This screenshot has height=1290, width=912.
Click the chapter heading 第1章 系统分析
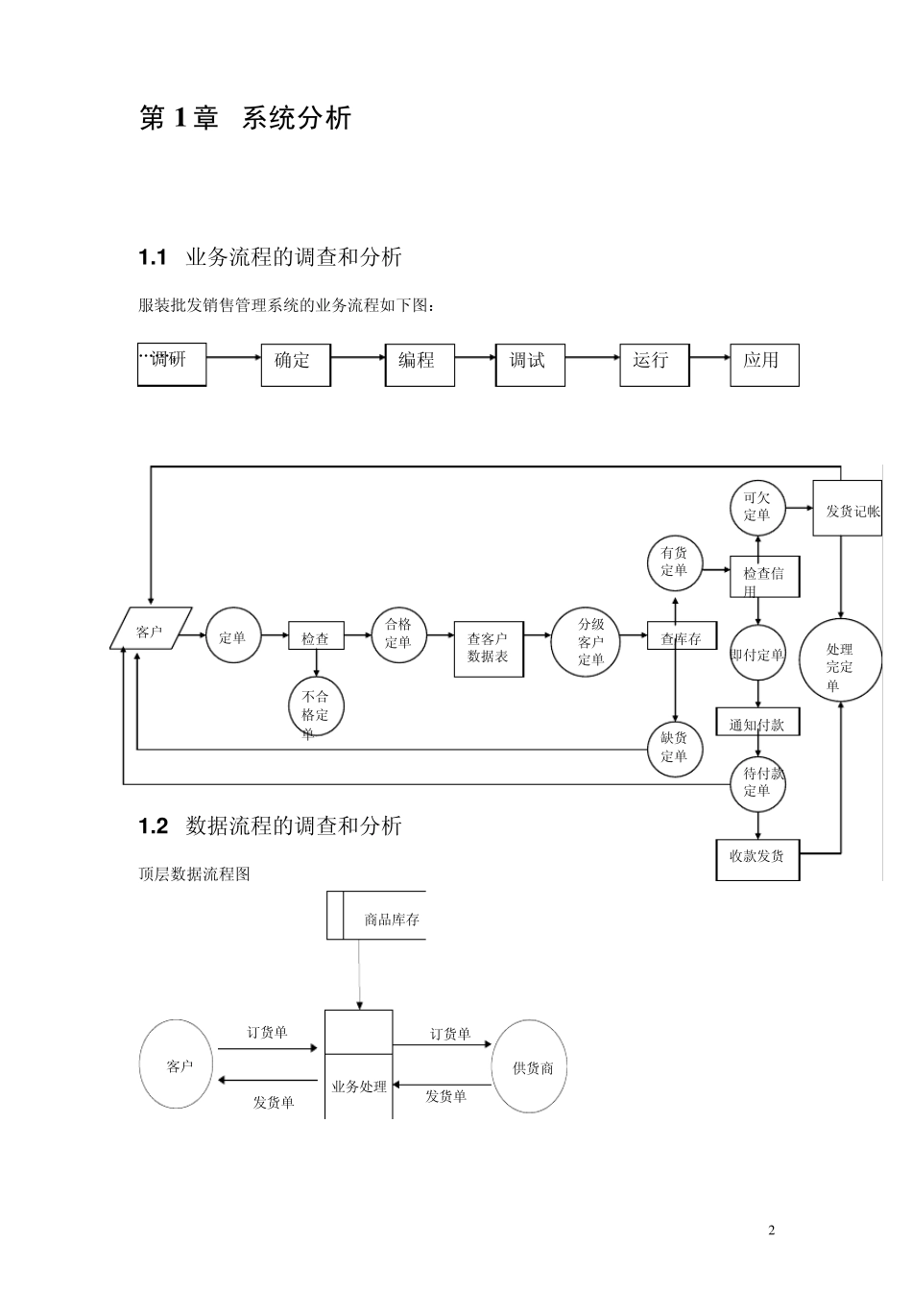[x=246, y=118]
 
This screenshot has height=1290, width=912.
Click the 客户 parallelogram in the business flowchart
[x=151, y=630]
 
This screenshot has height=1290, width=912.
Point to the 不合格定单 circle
[x=316, y=709]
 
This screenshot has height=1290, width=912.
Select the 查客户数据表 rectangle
[x=489, y=648]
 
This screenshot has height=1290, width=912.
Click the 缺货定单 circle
[x=675, y=747]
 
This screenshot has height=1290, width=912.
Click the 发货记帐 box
[x=848, y=509]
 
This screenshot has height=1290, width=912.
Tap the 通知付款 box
[x=757, y=723]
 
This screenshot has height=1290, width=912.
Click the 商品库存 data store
[x=376, y=919]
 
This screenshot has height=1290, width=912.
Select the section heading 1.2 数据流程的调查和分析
[x=271, y=825]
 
